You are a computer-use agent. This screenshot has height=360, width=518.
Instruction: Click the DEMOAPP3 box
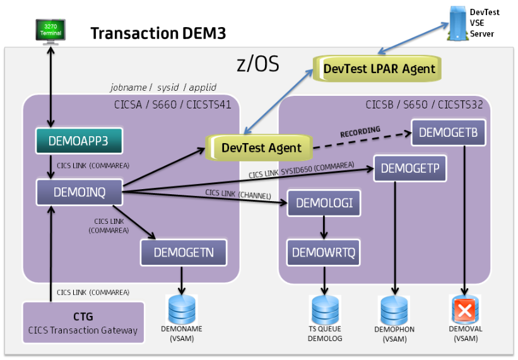pyautogui.click(x=78, y=141)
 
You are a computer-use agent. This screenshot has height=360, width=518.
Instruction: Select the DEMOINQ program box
pyautogui.click(x=78, y=191)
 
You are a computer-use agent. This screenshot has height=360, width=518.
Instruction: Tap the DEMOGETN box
pyautogui.click(x=183, y=252)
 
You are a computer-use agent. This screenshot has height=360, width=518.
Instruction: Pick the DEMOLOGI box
pyautogui.click(x=324, y=203)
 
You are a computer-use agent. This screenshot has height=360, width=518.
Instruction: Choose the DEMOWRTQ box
pyautogui.click(x=324, y=253)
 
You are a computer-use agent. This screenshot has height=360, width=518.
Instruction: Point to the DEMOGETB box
pyautogui.click(x=448, y=132)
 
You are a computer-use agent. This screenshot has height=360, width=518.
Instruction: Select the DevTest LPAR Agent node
pyautogui.click(x=375, y=67)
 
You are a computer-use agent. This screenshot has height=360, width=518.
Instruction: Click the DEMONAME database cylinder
pyautogui.click(x=182, y=309)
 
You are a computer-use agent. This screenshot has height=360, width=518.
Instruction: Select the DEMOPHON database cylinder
pyautogui.click(x=396, y=310)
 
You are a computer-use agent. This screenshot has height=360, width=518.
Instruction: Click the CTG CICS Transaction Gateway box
pyautogui.click(x=83, y=322)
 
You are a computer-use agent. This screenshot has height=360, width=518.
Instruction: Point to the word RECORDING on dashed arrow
pyautogui.click(x=360, y=131)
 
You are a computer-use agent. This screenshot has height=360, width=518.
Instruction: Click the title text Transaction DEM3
pyautogui.click(x=158, y=33)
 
